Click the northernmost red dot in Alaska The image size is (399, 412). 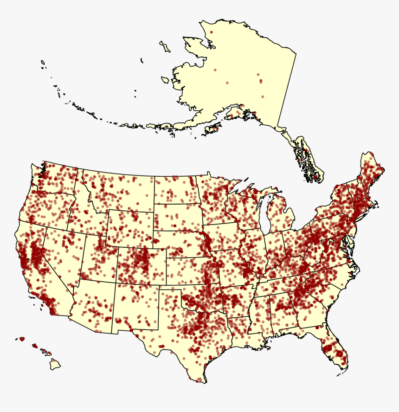point(212,32)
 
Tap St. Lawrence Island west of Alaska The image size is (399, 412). point(165,46)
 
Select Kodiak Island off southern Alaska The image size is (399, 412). point(212,129)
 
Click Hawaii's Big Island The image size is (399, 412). point(55,365)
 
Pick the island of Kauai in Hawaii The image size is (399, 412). point(21,339)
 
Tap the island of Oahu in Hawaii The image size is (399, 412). point(35,346)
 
